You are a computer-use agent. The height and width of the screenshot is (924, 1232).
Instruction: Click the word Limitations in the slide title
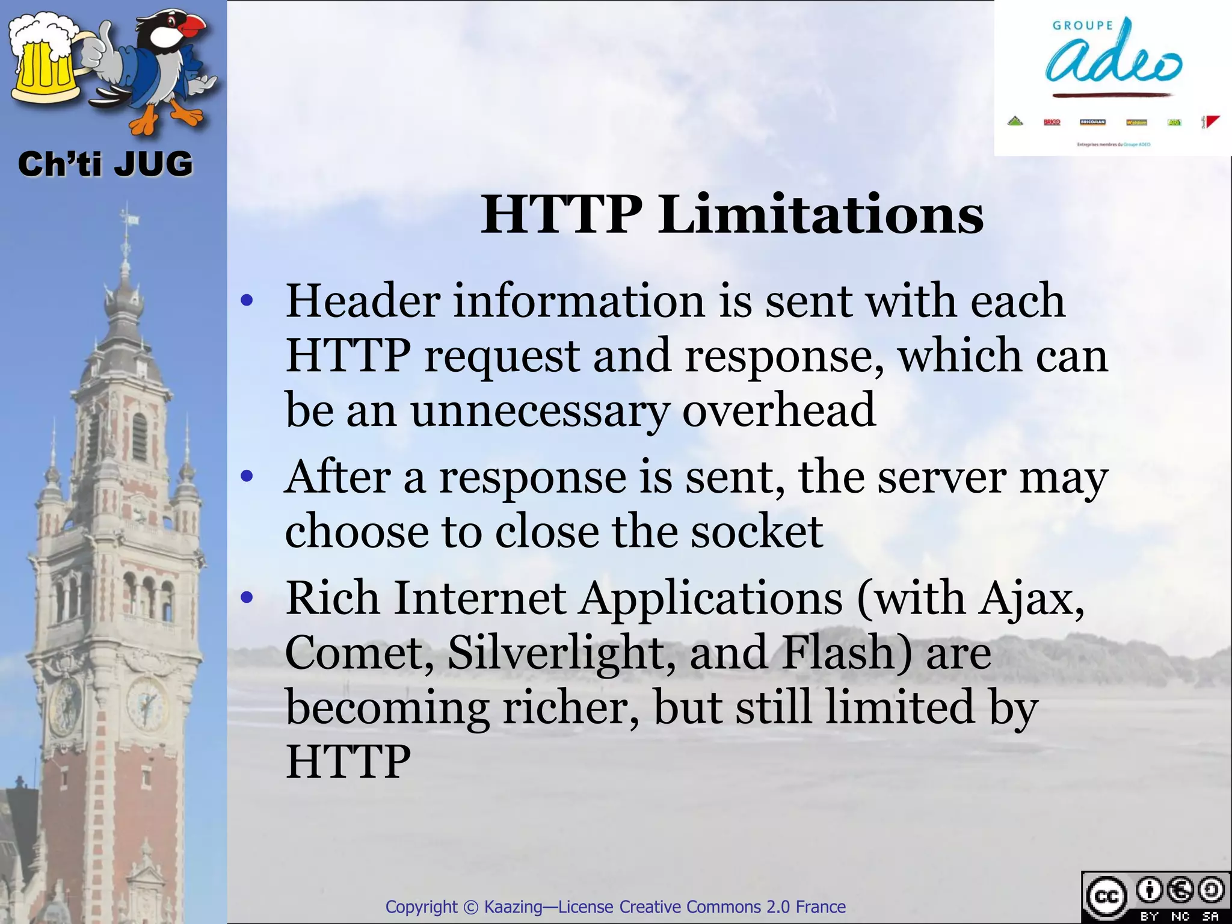pyautogui.click(x=821, y=215)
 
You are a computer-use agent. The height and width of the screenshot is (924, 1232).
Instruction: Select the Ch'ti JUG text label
pyautogui.click(x=105, y=164)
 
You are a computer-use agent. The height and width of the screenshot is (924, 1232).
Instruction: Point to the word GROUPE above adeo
pyautogui.click(x=1082, y=26)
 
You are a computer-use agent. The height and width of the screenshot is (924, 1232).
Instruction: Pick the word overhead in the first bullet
pyautogui.click(x=778, y=410)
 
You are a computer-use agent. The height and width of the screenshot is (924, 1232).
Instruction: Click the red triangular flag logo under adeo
pyautogui.click(x=1210, y=122)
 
